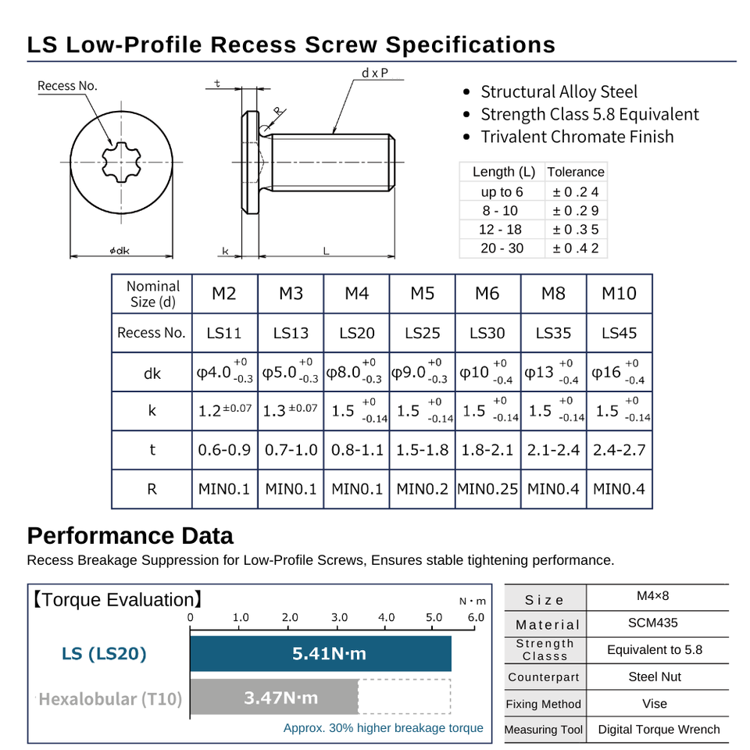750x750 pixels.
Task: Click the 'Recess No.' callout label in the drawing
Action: (68, 86)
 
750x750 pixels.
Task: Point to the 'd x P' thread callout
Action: (375, 73)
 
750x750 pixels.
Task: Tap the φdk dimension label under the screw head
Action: (120, 251)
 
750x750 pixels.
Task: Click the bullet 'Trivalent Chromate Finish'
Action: (577, 137)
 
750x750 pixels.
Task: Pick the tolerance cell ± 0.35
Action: (575, 230)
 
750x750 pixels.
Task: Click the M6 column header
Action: (487, 294)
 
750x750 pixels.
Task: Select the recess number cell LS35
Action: (553, 333)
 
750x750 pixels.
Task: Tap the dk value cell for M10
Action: (620, 373)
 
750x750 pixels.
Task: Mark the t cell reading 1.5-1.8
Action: (422, 450)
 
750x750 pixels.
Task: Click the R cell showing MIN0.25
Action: (487, 489)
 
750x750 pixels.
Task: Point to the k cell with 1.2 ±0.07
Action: (225, 411)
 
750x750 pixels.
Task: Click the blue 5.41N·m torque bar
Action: (321, 653)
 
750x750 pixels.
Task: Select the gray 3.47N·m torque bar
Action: (274, 697)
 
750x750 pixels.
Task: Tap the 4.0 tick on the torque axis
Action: (386, 617)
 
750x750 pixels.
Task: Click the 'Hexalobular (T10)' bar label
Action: (110, 698)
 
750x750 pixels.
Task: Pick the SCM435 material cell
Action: (654, 623)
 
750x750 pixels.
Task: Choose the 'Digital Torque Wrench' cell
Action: (659, 729)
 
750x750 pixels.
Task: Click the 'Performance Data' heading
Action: (130, 536)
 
